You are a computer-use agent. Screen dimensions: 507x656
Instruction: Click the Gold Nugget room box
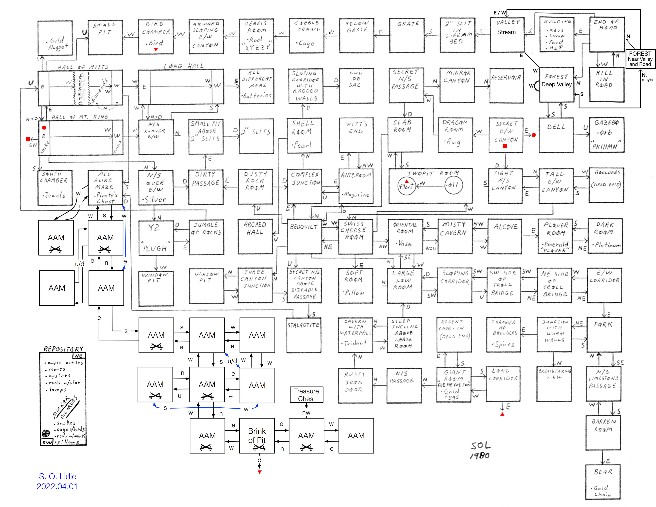[55, 38]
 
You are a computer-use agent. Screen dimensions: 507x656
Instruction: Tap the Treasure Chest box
[306, 395]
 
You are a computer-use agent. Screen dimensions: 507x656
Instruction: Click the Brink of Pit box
[257, 435]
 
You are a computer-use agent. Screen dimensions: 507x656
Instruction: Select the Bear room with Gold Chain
[603, 482]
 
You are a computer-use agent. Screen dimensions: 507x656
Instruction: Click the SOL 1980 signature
[480, 450]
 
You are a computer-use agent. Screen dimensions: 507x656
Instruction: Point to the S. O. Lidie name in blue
[57, 476]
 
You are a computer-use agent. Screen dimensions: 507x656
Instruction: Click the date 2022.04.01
[57, 487]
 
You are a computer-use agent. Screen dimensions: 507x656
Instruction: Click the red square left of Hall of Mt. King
[28, 139]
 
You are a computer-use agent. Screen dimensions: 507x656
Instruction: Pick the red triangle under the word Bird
[156, 50]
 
